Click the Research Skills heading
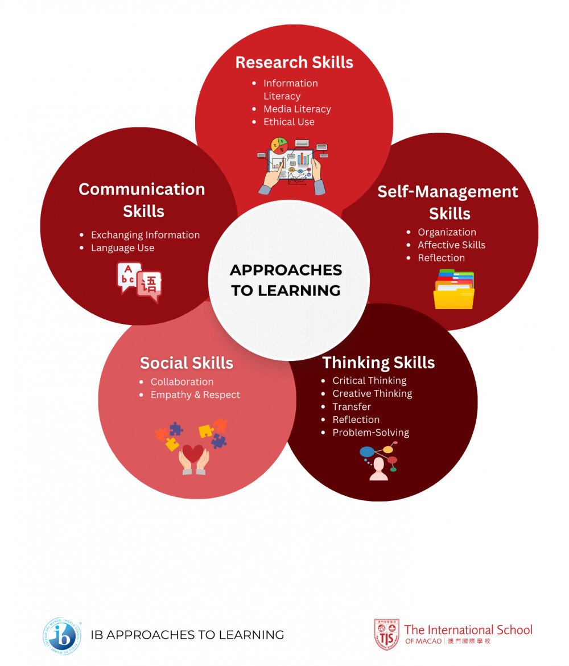pos(294,62)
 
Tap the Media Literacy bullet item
pos(297,109)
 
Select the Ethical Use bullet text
pos(288,122)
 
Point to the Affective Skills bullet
pos(451,245)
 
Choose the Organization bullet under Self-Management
pos(447,232)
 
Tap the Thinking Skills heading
pos(378,363)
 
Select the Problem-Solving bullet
pos(370,433)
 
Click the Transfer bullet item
pos(352,406)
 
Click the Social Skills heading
pos(187,363)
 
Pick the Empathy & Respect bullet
pos(195,395)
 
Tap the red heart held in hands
pos(193,454)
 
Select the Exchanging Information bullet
pos(145,235)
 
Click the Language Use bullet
pos(122,248)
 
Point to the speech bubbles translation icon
pos(139,281)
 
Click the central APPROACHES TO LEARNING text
pos(286,280)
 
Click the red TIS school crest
pos(386,635)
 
